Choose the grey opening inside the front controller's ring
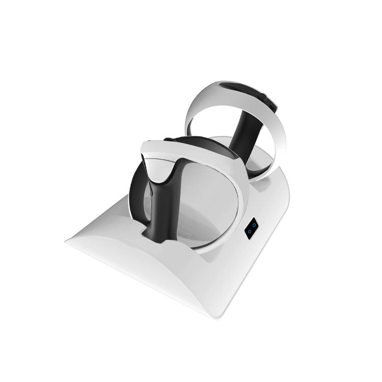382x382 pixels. click(x=204, y=204)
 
